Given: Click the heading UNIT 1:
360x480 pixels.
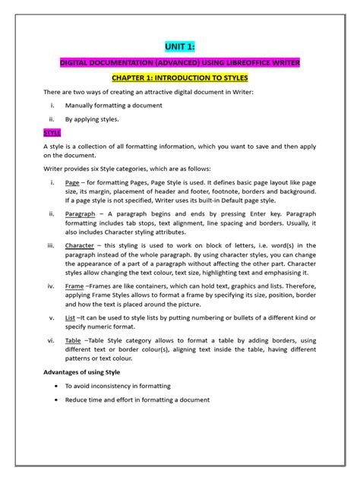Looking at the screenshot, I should click(x=180, y=46).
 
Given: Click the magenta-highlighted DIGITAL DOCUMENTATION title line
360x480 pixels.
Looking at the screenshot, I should click(x=180, y=62).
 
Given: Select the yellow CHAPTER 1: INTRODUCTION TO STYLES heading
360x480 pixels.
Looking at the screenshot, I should click(x=180, y=77).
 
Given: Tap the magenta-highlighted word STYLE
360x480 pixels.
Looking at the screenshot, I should click(x=52, y=132).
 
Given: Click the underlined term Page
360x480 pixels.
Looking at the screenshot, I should click(x=72, y=183).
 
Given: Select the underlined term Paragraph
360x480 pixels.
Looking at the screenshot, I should click(x=81, y=215).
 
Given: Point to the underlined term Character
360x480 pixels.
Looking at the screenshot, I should click(x=80, y=246).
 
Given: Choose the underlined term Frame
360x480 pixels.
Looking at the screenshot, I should click(x=74, y=286).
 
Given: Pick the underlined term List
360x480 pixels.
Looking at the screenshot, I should click(x=71, y=317).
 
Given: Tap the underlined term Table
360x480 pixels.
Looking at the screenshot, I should click(x=74, y=340).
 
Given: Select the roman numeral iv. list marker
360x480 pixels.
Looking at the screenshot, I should click(x=51, y=286).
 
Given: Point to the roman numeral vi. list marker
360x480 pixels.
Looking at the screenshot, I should click(x=51, y=340).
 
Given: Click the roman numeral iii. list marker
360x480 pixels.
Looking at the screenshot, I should click(x=51, y=246).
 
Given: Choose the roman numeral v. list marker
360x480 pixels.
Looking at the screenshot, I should click(x=52, y=317).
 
